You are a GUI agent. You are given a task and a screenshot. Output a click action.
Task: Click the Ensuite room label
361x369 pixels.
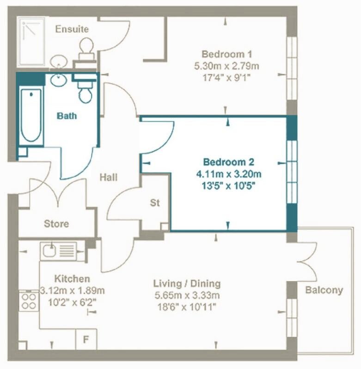point(72,29)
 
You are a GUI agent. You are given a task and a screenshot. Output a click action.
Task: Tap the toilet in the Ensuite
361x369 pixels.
point(86,49)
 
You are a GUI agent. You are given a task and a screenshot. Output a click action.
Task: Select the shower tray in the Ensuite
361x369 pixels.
point(31,42)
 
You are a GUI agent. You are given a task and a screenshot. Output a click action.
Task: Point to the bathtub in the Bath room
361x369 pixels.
point(31,115)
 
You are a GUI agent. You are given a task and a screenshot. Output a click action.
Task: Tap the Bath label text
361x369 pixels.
point(67,116)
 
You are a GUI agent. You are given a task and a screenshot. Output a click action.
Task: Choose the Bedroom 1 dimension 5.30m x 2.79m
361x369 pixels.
point(226,66)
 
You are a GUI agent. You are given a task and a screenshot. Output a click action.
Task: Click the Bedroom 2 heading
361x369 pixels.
point(229,162)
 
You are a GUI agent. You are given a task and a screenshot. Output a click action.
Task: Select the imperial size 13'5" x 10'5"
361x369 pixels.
point(229,186)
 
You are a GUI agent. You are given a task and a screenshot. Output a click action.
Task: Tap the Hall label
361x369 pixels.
point(109,177)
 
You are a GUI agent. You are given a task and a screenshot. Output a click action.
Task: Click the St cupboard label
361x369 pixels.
point(155,202)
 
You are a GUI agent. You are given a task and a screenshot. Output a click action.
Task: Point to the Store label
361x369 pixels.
point(56,224)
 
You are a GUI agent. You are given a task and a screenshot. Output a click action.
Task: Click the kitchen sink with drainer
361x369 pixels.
point(62,251)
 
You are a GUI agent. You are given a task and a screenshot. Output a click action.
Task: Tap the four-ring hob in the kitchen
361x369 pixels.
point(29,301)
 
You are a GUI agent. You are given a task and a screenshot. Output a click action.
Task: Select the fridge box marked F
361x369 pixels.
point(86,339)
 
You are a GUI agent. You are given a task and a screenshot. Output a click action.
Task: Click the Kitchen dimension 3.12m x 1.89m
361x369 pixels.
point(73,291)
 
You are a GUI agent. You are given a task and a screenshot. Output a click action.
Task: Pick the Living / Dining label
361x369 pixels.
point(187,283)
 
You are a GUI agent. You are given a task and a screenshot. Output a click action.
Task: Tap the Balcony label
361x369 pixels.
point(324,290)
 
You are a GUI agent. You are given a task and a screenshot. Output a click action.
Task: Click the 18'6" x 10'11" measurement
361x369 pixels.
point(187,307)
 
